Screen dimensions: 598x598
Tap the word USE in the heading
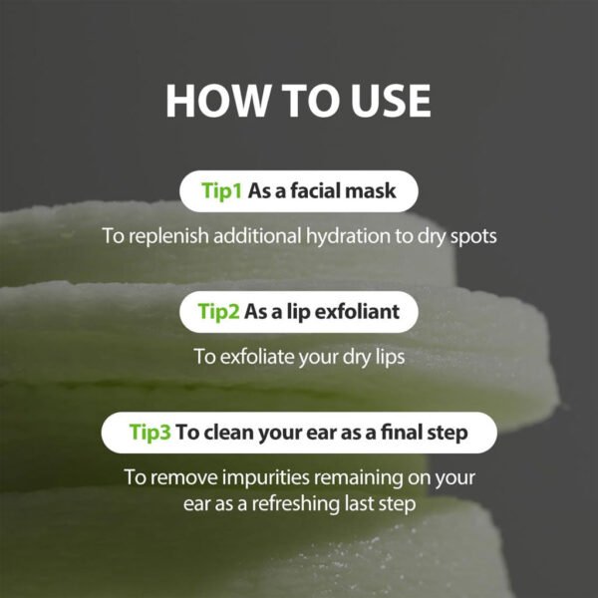pos(383,102)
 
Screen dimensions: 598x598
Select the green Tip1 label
pos(222,191)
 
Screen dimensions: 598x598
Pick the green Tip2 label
pos(220,312)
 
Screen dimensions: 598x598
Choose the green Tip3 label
pos(150,433)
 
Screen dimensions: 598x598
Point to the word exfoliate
pos(258,356)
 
